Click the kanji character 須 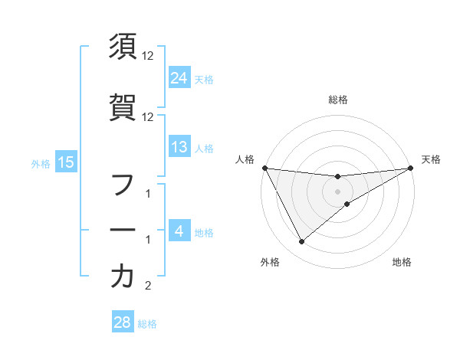click(x=123, y=47)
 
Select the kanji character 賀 click(x=123, y=106)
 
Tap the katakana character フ click(x=123, y=185)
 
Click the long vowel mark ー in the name click(x=123, y=229)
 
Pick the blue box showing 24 click(x=179, y=77)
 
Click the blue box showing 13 click(x=179, y=148)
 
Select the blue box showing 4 click(x=179, y=231)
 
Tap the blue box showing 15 click(x=65, y=162)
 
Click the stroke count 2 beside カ click(x=148, y=286)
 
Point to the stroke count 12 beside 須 click(x=148, y=56)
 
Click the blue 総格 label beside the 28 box click(x=147, y=324)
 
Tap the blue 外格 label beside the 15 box click(x=40, y=163)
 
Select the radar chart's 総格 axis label click(x=338, y=100)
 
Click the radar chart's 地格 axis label click(x=402, y=263)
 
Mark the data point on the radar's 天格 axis click(x=411, y=168)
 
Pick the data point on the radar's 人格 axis click(x=265, y=168)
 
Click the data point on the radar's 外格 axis click(x=301, y=242)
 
